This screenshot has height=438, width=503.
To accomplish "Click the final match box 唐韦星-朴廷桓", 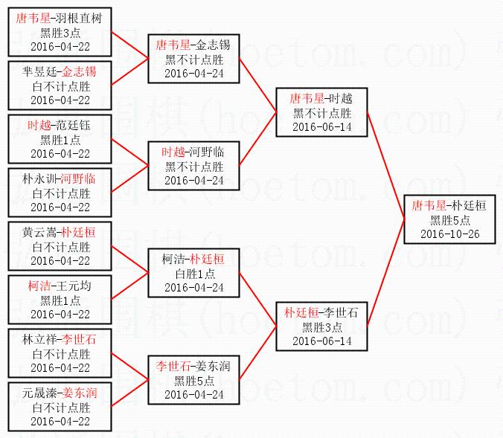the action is [449, 219].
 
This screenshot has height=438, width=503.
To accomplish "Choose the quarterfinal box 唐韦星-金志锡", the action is [193, 59].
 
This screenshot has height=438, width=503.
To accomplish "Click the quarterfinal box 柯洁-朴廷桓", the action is [193, 273].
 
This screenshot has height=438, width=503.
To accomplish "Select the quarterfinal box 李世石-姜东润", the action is [193, 380].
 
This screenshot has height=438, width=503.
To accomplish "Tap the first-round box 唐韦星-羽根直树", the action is [60, 32].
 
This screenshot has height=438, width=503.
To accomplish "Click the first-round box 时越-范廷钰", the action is [60, 139].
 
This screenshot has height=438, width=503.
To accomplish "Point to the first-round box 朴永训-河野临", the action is [60, 193].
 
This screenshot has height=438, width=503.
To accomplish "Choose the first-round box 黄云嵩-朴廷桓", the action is [60, 246].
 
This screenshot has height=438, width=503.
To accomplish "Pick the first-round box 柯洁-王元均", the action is [60, 300].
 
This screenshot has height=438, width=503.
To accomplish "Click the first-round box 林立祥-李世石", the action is [60, 353].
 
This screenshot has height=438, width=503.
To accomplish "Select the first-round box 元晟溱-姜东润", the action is [60, 407].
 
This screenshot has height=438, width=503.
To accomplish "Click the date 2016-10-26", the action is [449, 234].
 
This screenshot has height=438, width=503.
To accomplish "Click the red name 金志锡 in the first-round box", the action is [79, 72].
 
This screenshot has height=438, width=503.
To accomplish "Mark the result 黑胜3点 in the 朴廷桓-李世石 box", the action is [321, 326].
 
